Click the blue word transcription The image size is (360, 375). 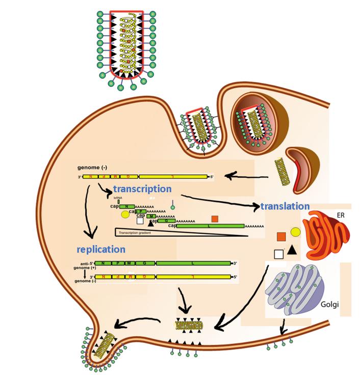click(142, 189)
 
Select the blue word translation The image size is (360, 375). click(285, 206)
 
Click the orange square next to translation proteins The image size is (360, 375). click(280, 236)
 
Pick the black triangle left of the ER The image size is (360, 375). click(291, 250)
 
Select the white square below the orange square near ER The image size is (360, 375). click(278, 253)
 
